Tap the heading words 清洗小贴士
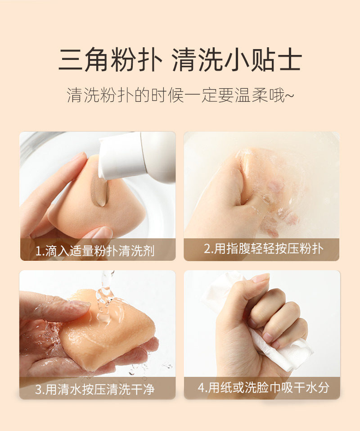coord(237,59)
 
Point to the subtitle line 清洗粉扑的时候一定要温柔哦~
coord(180,95)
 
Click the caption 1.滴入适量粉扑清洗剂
coord(95,251)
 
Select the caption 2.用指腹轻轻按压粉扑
coord(264,249)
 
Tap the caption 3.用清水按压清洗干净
coord(95,389)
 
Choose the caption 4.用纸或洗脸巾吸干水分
coord(263,388)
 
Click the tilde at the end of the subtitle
coord(290,95)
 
